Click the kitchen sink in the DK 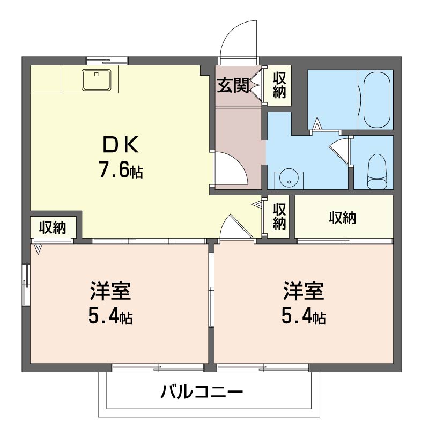(97, 80)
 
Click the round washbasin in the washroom (289, 179)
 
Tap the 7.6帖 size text (120, 170)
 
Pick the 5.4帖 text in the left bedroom (110, 317)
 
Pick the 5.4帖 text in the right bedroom (304, 317)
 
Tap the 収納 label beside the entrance (279, 85)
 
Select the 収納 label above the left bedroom (53, 228)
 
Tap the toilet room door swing (340, 149)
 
